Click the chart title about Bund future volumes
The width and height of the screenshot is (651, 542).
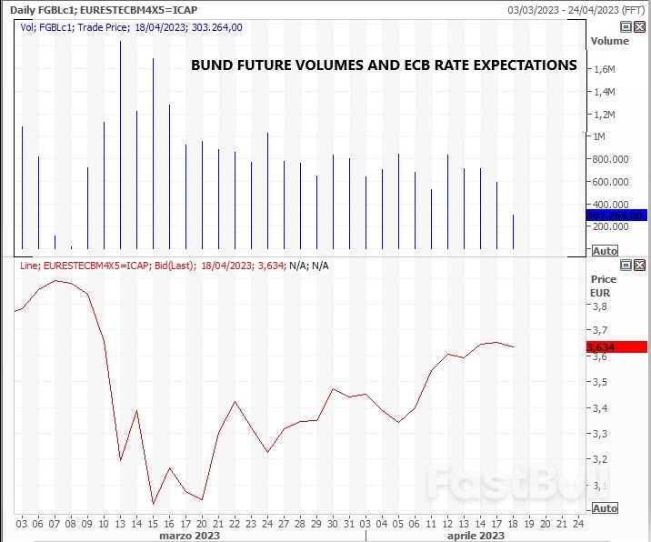tap(383, 65)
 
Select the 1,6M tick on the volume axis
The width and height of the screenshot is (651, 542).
tap(605, 69)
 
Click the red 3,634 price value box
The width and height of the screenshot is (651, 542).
tap(616, 346)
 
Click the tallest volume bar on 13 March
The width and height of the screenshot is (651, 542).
tap(120, 146)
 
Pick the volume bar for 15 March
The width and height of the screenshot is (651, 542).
tap(153, 155)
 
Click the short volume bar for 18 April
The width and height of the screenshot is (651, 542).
tap(514, 232)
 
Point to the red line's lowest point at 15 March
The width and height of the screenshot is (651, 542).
tap(153, 503)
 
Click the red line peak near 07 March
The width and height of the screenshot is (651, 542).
tap(56, 281)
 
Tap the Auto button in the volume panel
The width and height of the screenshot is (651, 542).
tap(605, 250)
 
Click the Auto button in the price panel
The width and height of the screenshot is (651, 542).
tap(605, 508)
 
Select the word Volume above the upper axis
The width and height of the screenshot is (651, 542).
tap(609, 41)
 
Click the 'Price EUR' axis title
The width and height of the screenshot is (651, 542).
tap(603, 286)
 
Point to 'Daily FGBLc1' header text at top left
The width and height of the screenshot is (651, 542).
tap(41, 9)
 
